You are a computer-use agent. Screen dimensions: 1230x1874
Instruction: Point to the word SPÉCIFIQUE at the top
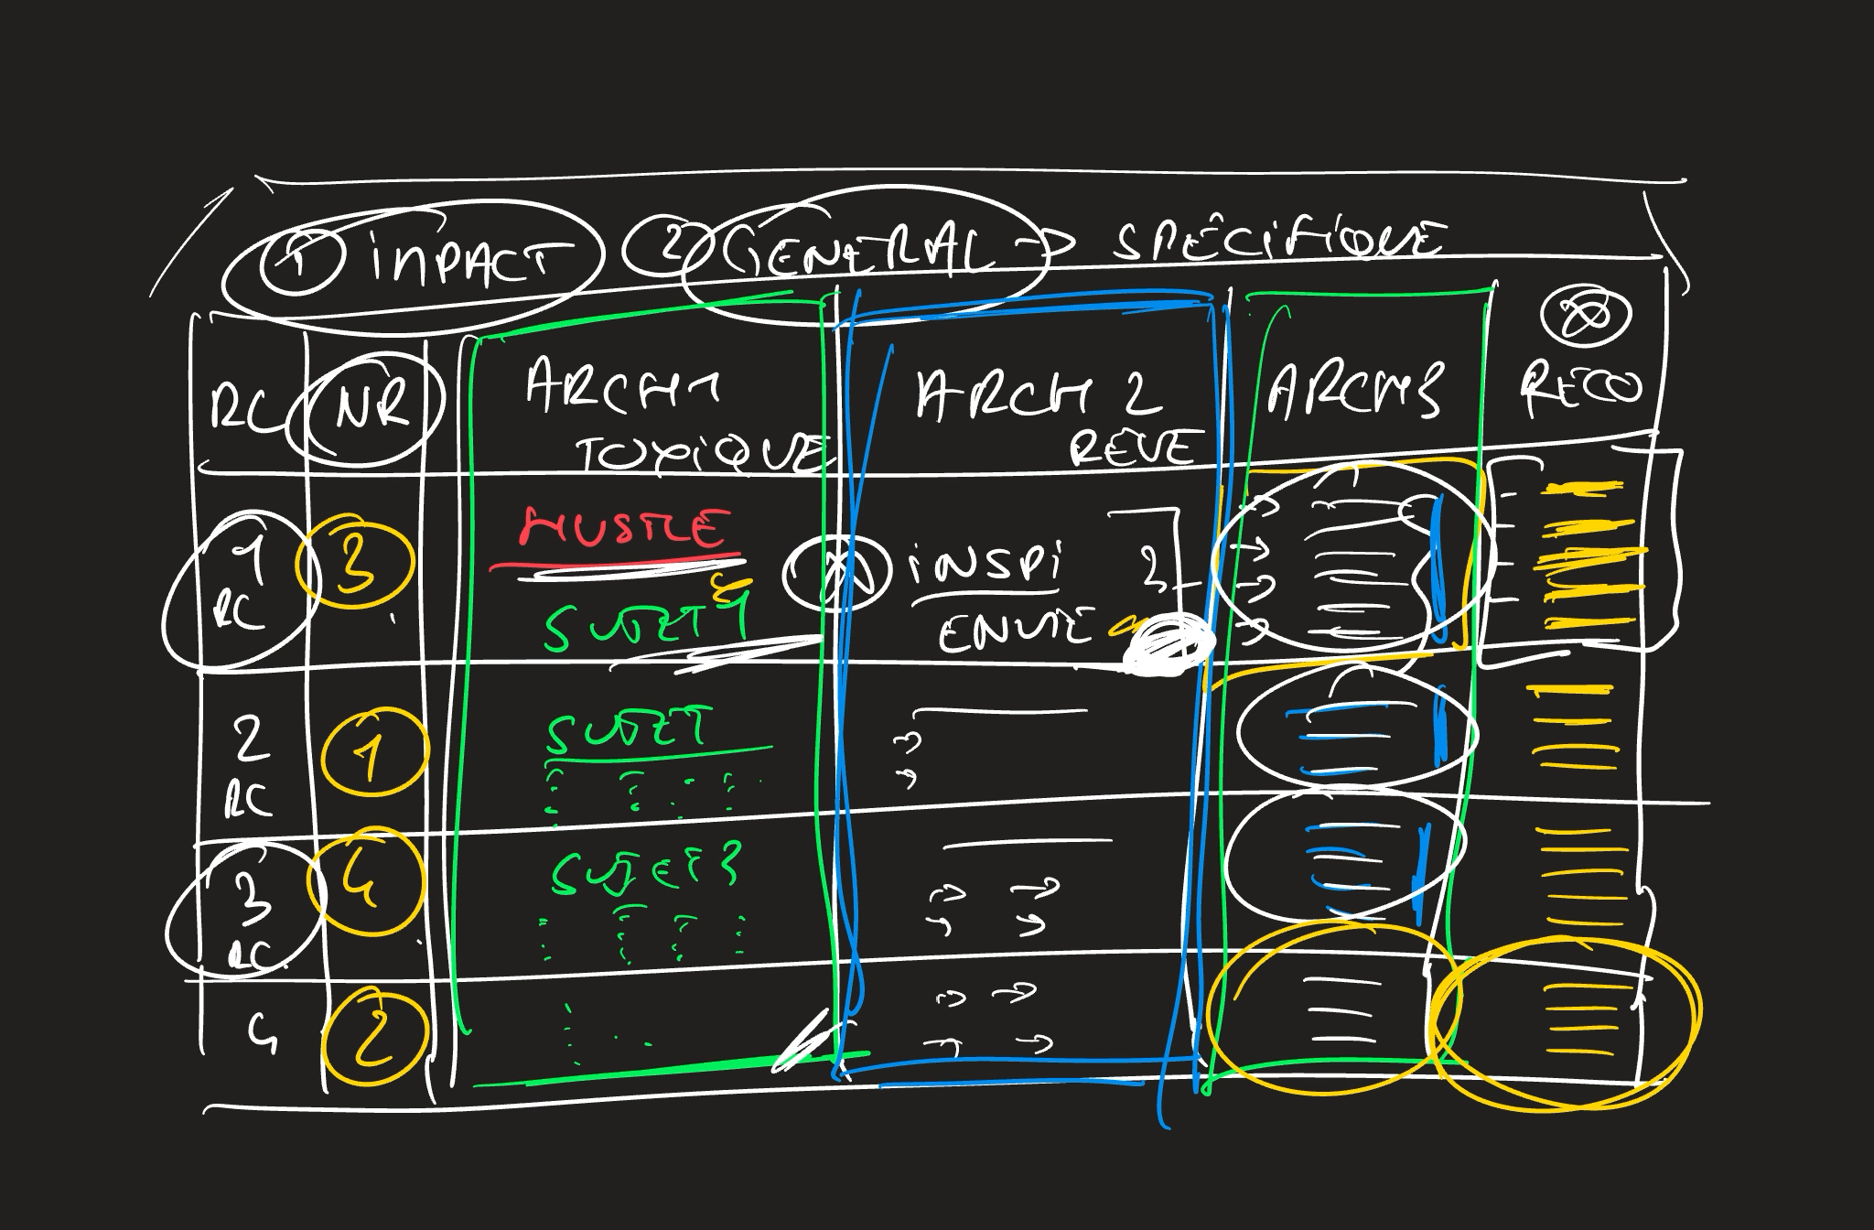(1276, 240)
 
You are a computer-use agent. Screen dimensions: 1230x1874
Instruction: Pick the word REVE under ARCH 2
(1133, 448)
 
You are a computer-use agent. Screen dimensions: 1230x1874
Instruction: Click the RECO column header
(1580, 388)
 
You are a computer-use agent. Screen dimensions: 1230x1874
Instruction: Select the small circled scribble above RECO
(1586, 317)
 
